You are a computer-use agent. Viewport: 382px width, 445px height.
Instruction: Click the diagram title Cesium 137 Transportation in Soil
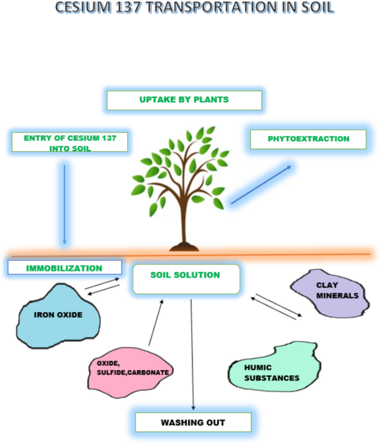tap(191, 8)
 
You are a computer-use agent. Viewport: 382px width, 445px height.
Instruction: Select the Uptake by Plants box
tap(184, 100)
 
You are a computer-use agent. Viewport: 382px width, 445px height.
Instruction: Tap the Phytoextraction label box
tap(308, 139)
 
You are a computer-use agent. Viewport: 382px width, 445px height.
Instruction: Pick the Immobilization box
tap(65, 268)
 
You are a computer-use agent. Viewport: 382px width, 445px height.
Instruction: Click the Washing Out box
tap(193, 422)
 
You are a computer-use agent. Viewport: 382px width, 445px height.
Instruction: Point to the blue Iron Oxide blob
tap(59, 315)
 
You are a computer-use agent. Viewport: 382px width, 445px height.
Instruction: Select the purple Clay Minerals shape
tap(330, 292)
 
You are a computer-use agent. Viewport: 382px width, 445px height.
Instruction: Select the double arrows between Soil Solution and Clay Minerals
tap(276, 307)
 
